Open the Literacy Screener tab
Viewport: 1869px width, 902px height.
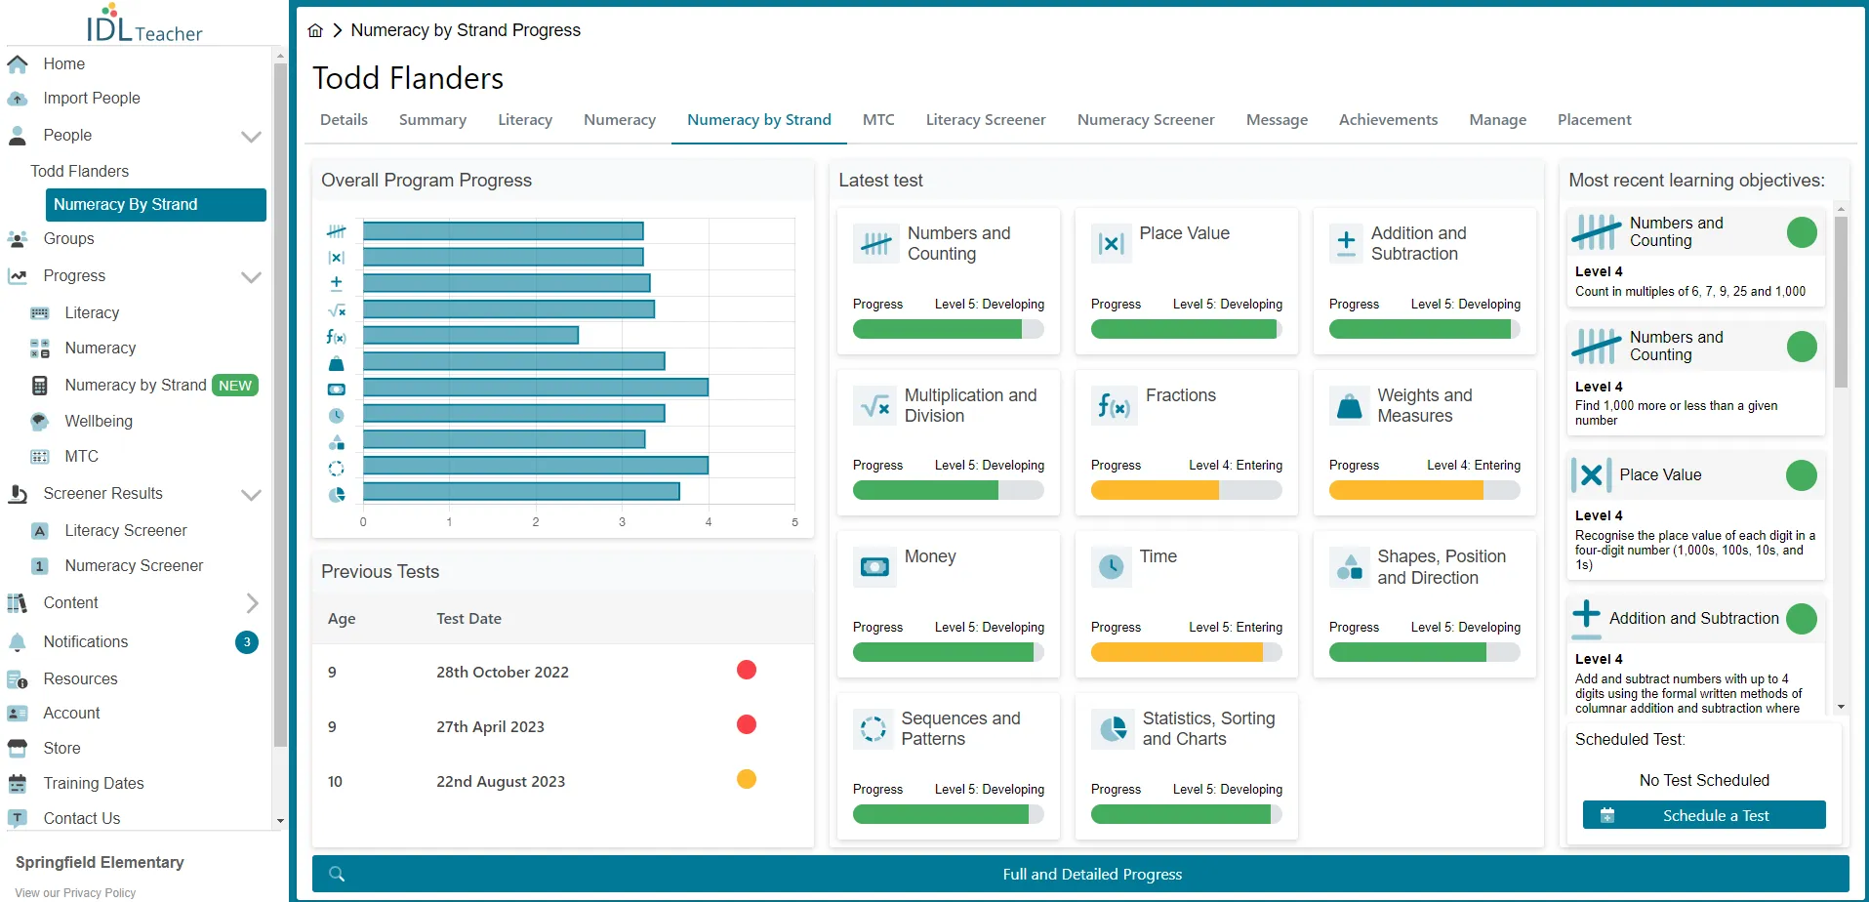(x=986, y=120)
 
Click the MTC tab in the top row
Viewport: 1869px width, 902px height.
(x=878, y=120)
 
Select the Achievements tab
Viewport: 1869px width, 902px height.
(x=1388, y=120)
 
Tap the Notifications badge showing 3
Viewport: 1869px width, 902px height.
(x=247, y=642)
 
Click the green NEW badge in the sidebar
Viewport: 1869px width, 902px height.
(x=235, y=386)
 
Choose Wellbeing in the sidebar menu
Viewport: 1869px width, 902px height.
(x=99, y=421)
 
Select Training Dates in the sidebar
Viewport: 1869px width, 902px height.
(x=94, y=783)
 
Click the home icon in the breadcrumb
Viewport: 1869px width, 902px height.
(x=315, y=30)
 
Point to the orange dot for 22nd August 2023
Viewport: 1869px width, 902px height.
(x=747, y=779)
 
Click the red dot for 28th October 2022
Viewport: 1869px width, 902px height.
(x=747, y=670)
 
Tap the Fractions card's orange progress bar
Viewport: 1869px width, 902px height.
(x=1155, y=490)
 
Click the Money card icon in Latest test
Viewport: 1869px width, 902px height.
(x=874, y=566)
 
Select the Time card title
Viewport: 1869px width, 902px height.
(x=1158, y=556)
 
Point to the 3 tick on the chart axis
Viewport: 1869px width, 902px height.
(x=622, y=522)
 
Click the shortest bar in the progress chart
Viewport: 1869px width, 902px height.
(x=470, y=335)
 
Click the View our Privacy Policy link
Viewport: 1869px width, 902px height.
(x=75, y=893)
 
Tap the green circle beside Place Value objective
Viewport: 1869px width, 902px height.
(x=1801, y=475)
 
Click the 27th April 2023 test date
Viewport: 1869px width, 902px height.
(x=490, y=726)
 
